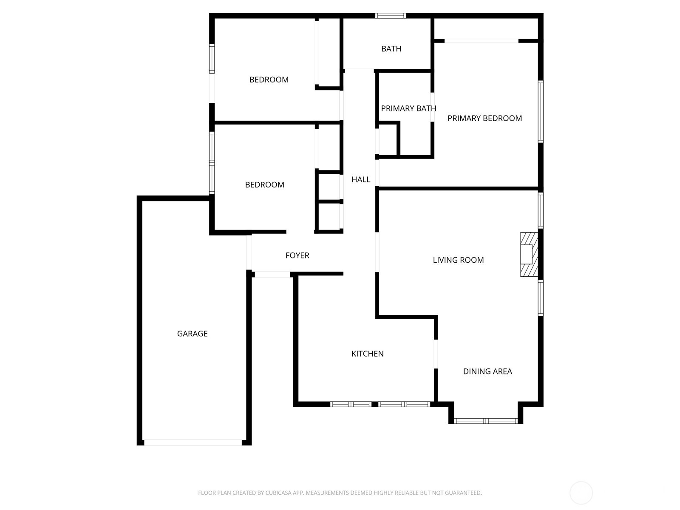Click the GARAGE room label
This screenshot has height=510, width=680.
click(192, 334)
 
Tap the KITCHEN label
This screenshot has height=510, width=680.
click(368, 354)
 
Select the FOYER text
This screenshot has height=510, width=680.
click(297, 255)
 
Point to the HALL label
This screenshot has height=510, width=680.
click(360, 180)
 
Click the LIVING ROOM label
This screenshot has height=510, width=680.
click(458, 260)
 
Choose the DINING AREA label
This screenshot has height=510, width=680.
click(487, 371)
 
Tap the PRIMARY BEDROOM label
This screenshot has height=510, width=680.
click(484, 118)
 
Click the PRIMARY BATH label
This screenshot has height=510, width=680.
click(408, 108)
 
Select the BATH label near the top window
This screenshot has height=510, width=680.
click(391, 48)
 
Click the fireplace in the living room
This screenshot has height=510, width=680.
click(529, 254)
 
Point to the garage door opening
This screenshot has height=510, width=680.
click(193, 442)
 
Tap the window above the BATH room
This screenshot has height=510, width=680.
click(390, 15)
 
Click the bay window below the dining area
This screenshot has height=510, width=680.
click(485, 421)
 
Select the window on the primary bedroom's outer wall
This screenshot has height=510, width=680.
click(541, 111)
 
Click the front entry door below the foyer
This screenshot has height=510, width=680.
click(272, 275)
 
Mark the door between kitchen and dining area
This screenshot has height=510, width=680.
click(436, 354)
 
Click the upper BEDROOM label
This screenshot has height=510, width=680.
click(269, 79)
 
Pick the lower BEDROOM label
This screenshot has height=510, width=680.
click(265, 185)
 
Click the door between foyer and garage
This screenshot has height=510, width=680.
click(249, 252)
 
